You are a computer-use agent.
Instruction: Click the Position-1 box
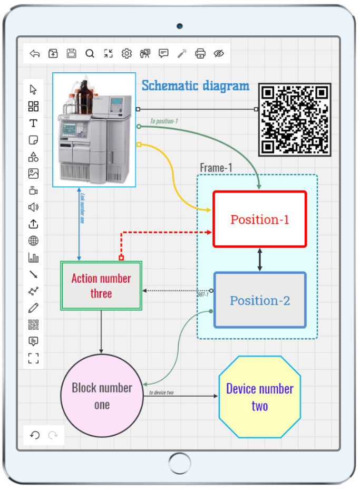(x=260, y=219)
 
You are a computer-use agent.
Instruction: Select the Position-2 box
(x=260, y=301)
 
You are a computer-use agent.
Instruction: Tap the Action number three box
(x=101, y=285)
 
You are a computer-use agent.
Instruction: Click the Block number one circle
(x=102, y=396)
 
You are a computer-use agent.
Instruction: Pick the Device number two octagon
(x=260, y=397)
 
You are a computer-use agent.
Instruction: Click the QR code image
(x=295, y=119)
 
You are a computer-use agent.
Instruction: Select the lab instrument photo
(x=94, y=130)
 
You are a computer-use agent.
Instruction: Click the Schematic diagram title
(x=196, y=85)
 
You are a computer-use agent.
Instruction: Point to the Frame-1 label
(x=216, y=168)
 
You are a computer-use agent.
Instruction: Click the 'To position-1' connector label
(x=164, y=121)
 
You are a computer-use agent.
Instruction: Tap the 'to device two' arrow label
(x=161, y=392)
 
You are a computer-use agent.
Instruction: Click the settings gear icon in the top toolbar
(x=127, y=53)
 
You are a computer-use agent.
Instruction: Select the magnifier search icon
(x=90, y=53)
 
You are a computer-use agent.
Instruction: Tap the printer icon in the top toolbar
(x=200, y=53)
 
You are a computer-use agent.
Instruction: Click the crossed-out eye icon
(x=219, y=53)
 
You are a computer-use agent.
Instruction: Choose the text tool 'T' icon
(x=33, y=123)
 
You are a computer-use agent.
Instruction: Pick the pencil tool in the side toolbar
(x=33, y=308)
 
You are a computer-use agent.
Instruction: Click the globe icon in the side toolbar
(x=33, y=241)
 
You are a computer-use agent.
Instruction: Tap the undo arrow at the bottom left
(x=35, y=435)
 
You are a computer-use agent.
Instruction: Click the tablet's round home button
(x=180, y=464)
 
